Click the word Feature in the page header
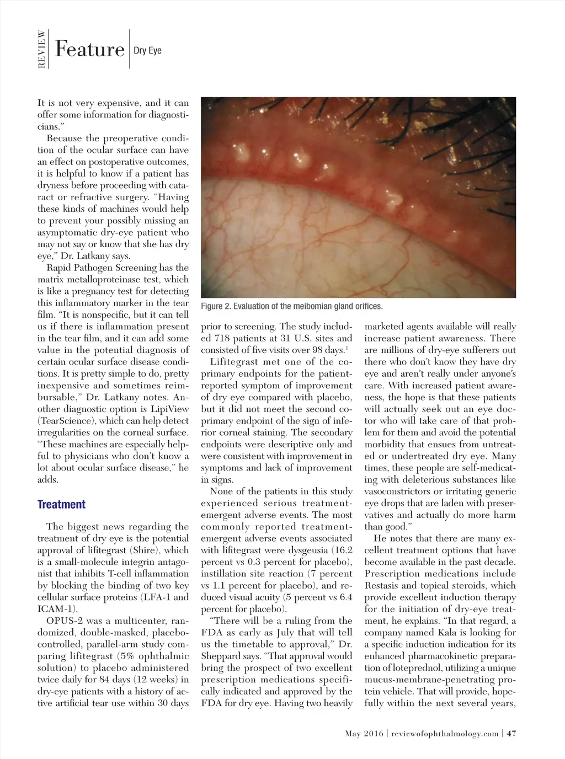click(x=89, y=50)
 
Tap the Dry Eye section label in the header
click(x=148, y=51)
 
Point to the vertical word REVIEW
click(x=41, y=50)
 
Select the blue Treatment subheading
click(x=61, y=504)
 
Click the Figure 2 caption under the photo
click(x=291, y=306)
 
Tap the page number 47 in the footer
click(x=511, y=733)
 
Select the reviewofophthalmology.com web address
click(x=445, y=733)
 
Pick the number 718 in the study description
click(x=223, y=338)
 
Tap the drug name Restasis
click(x=382, y=585)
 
